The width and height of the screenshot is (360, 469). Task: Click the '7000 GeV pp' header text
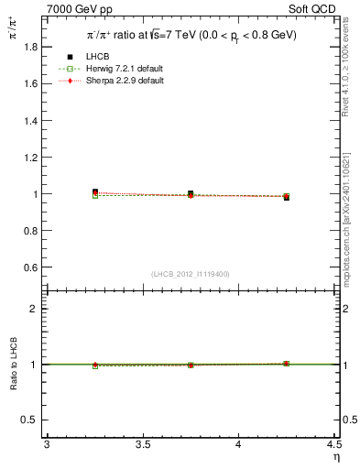80,8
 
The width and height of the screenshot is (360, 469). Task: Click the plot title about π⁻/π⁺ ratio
192,35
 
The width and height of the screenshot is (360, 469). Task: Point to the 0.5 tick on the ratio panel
30,420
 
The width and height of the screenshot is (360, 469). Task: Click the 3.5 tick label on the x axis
142,445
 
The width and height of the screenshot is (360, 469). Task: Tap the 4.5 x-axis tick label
333,445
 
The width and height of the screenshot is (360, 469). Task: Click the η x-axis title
335,457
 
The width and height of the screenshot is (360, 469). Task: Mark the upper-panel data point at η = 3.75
191,194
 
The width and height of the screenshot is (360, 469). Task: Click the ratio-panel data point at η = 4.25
286,364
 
